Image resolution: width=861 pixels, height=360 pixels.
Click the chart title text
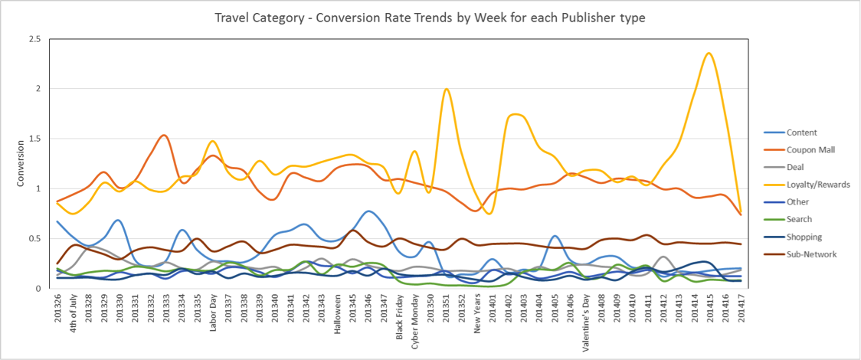430,17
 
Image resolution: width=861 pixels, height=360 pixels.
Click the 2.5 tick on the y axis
34,39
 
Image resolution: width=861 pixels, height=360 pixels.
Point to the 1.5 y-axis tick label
34,139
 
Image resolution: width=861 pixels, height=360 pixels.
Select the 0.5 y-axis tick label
34,238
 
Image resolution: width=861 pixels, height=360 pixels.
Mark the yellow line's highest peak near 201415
709,53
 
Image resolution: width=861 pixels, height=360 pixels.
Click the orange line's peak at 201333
165,136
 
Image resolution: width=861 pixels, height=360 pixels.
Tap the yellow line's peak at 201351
446,90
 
